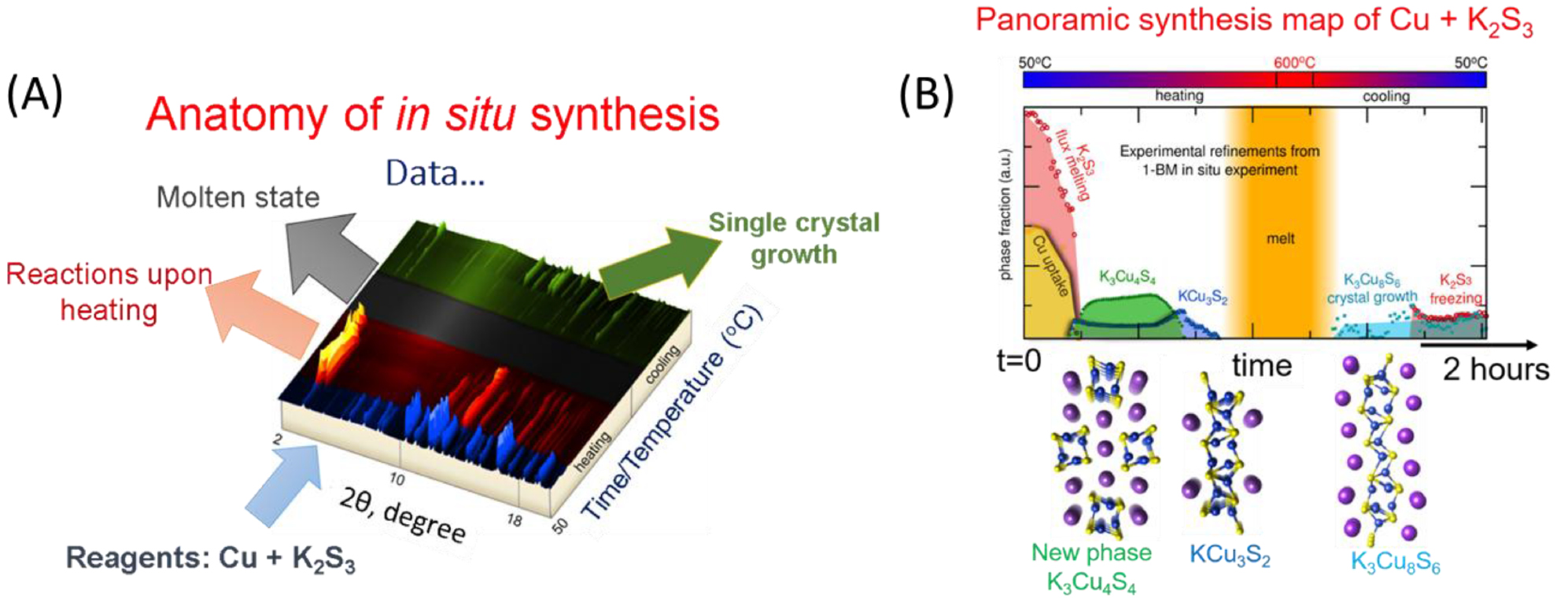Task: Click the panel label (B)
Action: coord(927,94)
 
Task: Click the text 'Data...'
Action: coord(435,173)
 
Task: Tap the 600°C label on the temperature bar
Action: coord(1294,62)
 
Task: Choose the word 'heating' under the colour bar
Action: coord(1179,96)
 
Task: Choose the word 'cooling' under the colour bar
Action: coord(1386,96)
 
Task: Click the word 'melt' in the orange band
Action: coord(1280,238)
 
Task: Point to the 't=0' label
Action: coord(1019,360)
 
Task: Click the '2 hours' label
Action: coord(1496,369)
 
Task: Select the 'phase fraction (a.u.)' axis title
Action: coord(1005,214)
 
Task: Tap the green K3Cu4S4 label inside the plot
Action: coord(1127,277)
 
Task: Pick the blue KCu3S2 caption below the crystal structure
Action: coord(1230,556)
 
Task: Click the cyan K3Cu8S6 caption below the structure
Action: coord(1395,563)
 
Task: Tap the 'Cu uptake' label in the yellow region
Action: coord(1050,266)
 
